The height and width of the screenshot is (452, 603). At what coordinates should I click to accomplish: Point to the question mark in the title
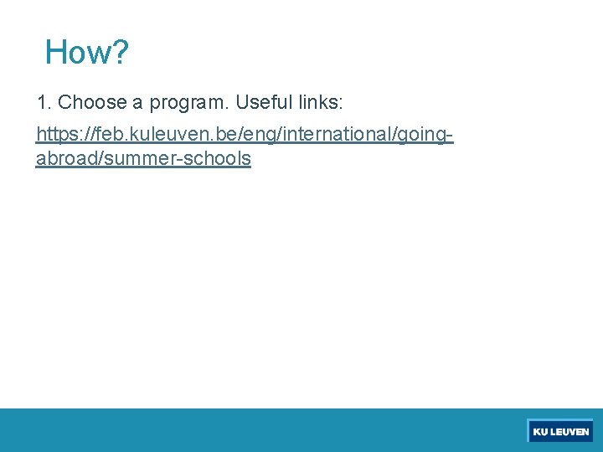click(120, 52)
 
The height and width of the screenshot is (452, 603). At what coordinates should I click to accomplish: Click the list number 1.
click(42, 103)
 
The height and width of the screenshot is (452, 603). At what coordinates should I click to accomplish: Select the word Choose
click(92, 103)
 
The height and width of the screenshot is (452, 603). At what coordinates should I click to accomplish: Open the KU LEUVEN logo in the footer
click(560, 432)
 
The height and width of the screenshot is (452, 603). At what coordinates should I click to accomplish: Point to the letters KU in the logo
click(540, 432)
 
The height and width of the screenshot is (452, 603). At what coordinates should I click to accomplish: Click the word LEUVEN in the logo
click(569, 432)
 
